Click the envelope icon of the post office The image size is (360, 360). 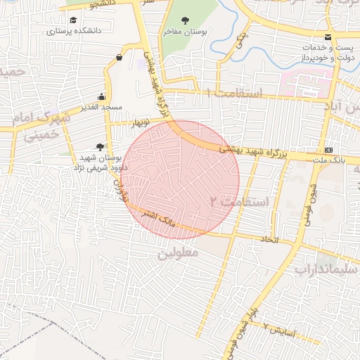click(x=328, y=37)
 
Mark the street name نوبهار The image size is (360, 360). click(x=143, y=123)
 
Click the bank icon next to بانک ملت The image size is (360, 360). click(x=328, y=150)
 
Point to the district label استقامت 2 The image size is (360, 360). click(x=240, y=202)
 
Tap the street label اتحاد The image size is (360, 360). click(x=269, y=240)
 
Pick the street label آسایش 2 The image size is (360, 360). click(x=282, y=329)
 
